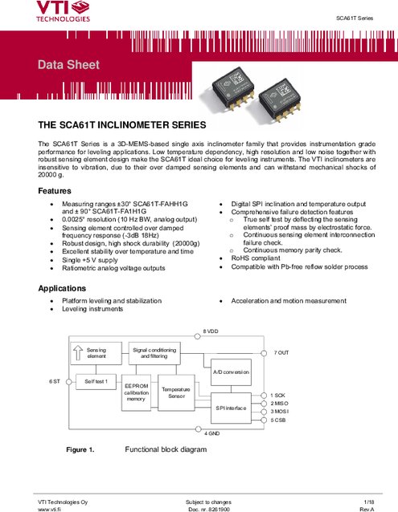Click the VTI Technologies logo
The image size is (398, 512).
tap(64, 11)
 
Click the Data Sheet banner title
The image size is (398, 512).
tap(68, 65)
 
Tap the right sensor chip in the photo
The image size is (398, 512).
tap(280, 100)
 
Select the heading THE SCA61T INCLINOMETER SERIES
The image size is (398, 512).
tap(122, 125)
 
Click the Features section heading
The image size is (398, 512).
tap(55, 191)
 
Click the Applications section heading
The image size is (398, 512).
tap(62, 288)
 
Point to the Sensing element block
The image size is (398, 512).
tap(96, 353)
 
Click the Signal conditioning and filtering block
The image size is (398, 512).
tap(154, 353)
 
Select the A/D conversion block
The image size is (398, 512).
tap(232, 372)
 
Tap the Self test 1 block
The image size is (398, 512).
tap(96, 382)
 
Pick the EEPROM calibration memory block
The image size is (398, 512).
tap(136, 392)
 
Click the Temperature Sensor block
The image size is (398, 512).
tap(176, 392)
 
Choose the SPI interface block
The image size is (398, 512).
tap(232, 408)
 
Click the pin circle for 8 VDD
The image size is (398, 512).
tap(198, 336)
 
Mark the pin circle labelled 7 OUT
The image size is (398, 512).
tap(264, 353)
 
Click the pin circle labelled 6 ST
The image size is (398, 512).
tap(68, 382)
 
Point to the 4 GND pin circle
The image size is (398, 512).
tap(198, 429)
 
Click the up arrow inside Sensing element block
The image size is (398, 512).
tap(78, 353)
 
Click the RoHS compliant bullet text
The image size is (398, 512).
tap(256, 258)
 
